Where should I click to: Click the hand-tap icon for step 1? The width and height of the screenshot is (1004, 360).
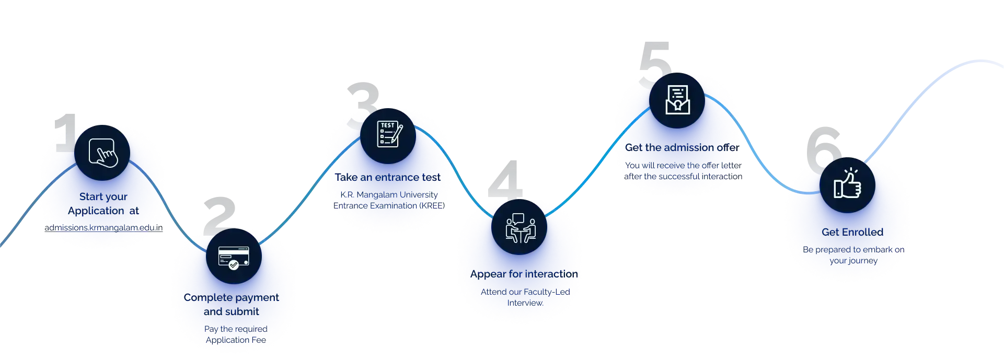pyautogui.click(x=102, y=152)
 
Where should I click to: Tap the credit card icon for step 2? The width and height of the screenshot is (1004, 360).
pyautogui.click(x=234, y=256)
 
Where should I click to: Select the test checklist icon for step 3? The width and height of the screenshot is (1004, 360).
pyautogui.click(x=388, y=135)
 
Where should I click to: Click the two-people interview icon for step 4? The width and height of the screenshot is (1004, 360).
pyautogui.click(x=520, y=227)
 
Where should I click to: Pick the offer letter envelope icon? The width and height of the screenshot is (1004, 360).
pyautogui.click(x=677, y=100)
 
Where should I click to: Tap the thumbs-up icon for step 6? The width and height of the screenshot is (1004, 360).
pyautogui.click(x=847, y=184)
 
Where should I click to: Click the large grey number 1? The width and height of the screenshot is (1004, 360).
pyautogui.click(x=64, y=133)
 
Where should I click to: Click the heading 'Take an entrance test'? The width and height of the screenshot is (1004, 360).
pyautogui.click(x=388, y=177)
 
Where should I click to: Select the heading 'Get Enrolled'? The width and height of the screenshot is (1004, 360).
pyautogui.click(x=852, y=232)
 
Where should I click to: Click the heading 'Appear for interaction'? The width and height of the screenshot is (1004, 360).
pyautogui.click(x=524, y=274)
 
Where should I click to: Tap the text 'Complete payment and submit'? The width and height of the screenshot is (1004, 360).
pyautogui.click(x=231, y=304)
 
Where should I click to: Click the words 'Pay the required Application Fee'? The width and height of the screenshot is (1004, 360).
pyautogui.click(x=236, y=334)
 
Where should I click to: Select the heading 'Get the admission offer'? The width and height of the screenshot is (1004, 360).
pyautogui.click(x=682, y=148)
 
